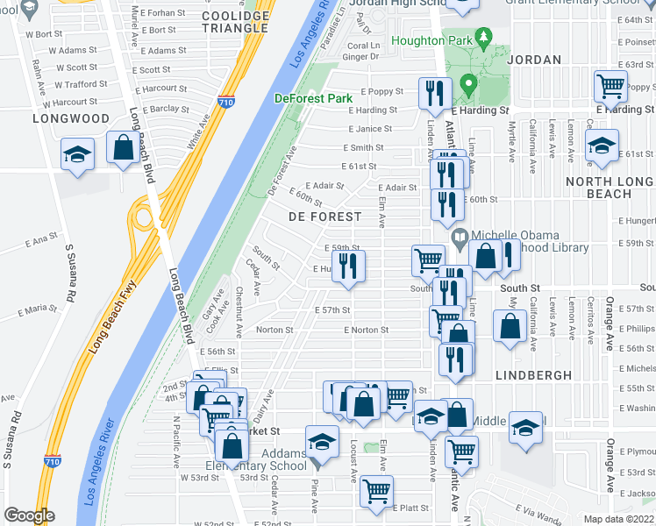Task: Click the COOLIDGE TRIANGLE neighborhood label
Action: (235, 22)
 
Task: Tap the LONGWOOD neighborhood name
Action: (71, 118)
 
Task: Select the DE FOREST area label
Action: (324, 217)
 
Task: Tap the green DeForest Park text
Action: (313, 98)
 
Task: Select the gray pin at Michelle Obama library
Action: (460, 237)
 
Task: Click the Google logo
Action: (29, 515)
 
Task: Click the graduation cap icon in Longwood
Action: (78, 154)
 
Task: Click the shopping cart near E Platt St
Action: (376, 491)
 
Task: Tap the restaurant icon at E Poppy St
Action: (435, 93)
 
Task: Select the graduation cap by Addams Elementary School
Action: (322, 440)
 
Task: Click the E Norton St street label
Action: (365, 331)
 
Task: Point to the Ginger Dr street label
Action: (360, 56)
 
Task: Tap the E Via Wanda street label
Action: (538, 508)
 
